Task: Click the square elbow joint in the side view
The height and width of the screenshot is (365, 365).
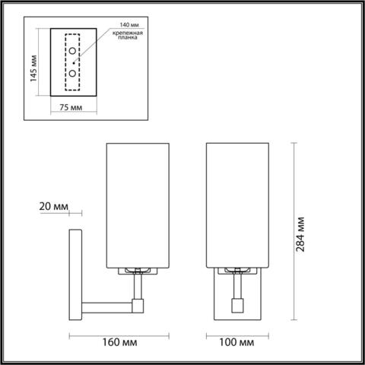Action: pyautogui.click(x=138, y=306)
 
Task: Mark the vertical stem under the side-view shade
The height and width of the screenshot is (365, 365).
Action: pyautogui.click(x=138, y=287)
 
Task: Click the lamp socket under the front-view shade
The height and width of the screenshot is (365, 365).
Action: pyautogui.click(x=236, y=271)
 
